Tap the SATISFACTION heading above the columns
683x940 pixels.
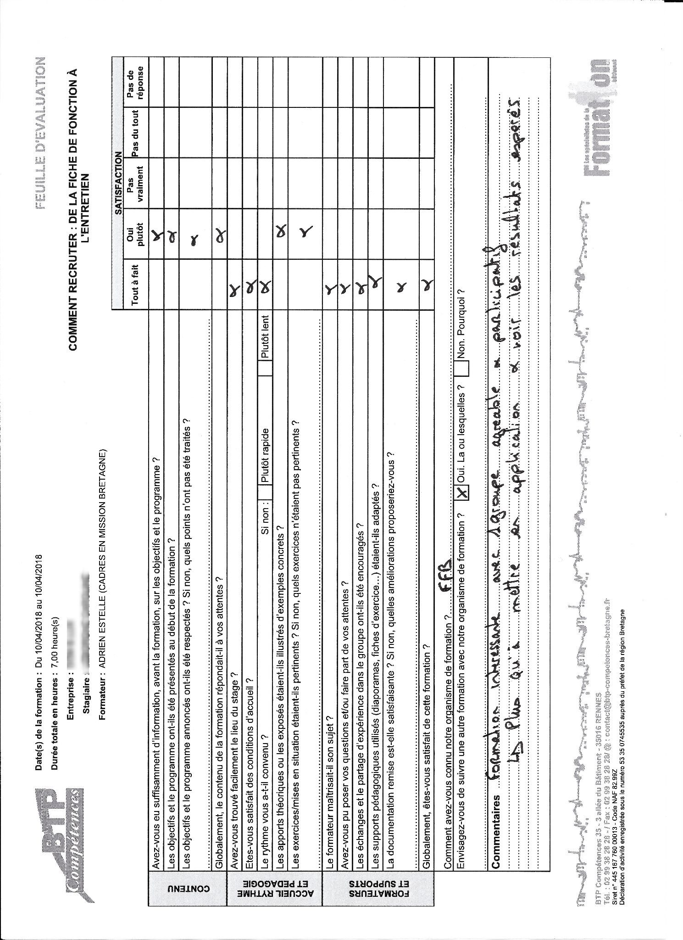pos(439,183)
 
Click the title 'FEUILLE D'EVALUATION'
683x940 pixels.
pos(40,133)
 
